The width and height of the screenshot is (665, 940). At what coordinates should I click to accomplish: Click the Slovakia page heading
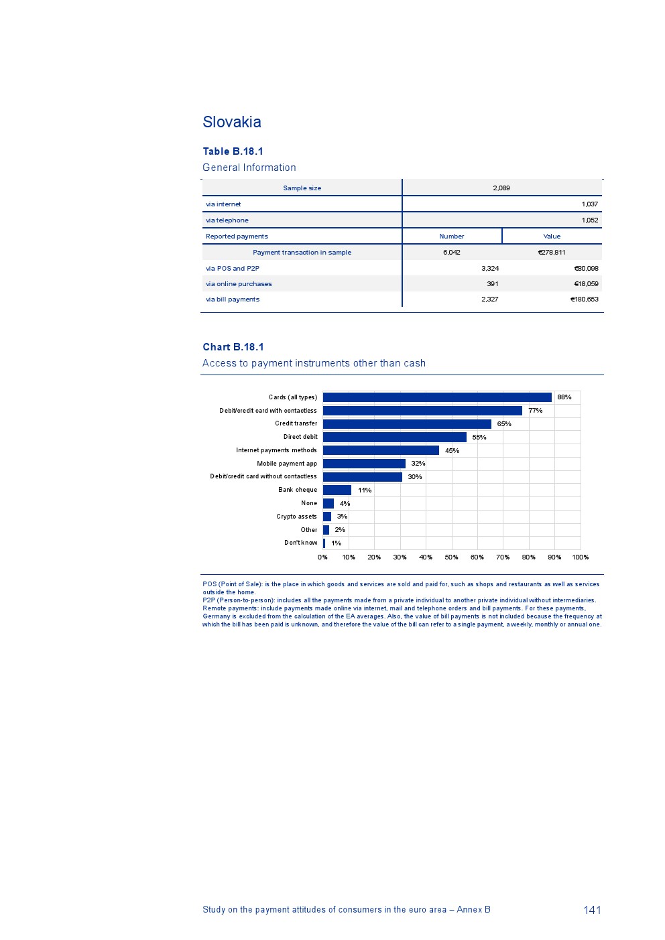pos(232,122)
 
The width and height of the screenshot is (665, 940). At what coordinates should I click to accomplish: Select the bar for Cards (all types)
pos(437,397)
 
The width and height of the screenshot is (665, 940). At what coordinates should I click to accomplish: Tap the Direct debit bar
pos(394,437)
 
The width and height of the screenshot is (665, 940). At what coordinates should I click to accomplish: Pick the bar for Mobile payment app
pos(364,464)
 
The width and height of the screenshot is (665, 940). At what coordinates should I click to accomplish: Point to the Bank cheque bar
pos(337,490)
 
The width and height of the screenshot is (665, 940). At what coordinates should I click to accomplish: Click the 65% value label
pos(504,424)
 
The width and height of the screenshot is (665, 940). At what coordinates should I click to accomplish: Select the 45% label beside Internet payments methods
pos(452,451)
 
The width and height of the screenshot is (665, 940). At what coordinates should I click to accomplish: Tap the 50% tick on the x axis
pos(451,557)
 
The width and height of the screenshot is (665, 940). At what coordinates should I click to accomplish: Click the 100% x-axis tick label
pos(581,557)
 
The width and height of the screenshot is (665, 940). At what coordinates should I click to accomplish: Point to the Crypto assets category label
pos(296,517)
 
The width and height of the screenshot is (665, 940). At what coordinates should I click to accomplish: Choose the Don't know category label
pos(300,543)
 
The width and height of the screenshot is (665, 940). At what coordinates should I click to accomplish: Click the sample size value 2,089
pos(501,188)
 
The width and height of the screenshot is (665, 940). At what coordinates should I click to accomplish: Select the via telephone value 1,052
pos(590,220)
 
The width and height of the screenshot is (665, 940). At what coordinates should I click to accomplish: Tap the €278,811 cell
pos(552,253)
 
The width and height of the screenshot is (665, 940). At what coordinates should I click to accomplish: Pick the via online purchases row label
pos(239,284)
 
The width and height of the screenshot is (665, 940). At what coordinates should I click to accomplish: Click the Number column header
pos(452,237)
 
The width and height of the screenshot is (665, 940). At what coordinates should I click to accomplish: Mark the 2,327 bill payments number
pos(489,299)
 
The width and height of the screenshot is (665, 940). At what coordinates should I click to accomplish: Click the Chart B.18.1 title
pos(233,347)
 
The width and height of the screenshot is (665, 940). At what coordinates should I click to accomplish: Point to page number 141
pos(592,910)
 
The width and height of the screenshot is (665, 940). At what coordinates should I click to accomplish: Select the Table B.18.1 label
pos(233,151)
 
